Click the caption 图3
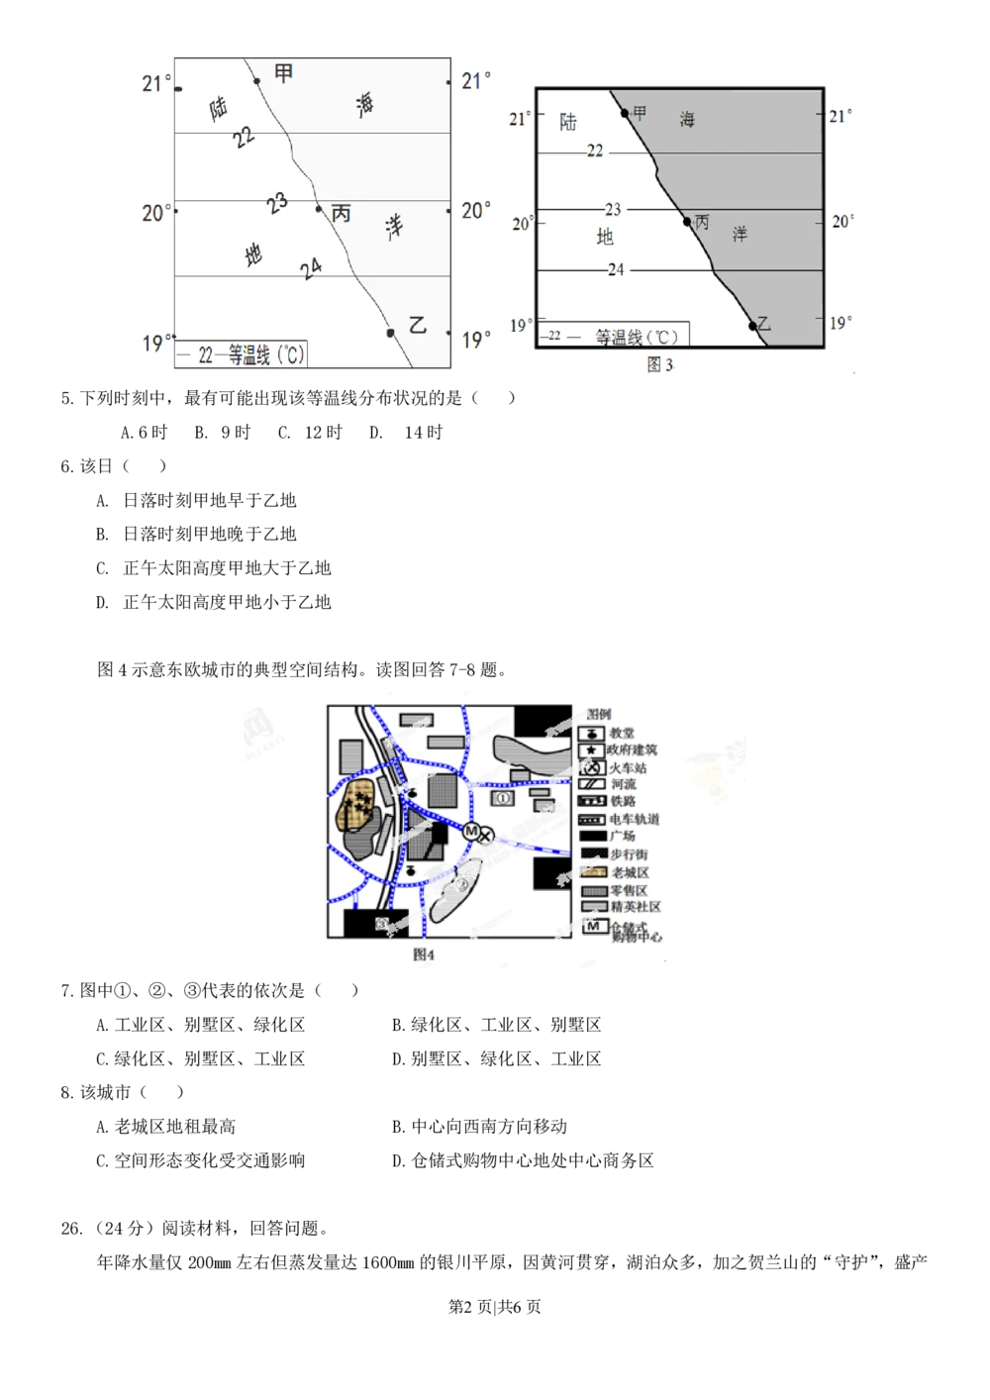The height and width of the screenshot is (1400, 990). coord(659,365)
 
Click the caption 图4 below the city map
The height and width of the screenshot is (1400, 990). coord(424,954)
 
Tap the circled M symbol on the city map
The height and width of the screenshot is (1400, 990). coord(471,830)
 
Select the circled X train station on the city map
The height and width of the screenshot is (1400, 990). coord(485,837)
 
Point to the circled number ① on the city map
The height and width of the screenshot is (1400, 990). coord(502,796)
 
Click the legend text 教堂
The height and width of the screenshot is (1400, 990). coord(622,734)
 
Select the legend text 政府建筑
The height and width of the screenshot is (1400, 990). coord(632,750)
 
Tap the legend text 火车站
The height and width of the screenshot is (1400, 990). coord(628,767)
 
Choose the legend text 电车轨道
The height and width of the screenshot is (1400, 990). coord(635,819)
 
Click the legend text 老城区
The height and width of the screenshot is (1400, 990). coord(630,872)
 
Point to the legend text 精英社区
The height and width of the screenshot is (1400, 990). coord(636,907)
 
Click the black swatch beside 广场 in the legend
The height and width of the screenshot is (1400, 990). coord(591,836)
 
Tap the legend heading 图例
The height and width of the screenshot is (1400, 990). coord(599,714)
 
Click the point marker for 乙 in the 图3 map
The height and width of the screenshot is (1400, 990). coord(752,326)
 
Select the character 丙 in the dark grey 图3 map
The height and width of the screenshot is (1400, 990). coord(703,223)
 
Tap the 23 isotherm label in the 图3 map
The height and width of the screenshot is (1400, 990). coord(613,210)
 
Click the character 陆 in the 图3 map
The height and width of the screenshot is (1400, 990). coord(568,123)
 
